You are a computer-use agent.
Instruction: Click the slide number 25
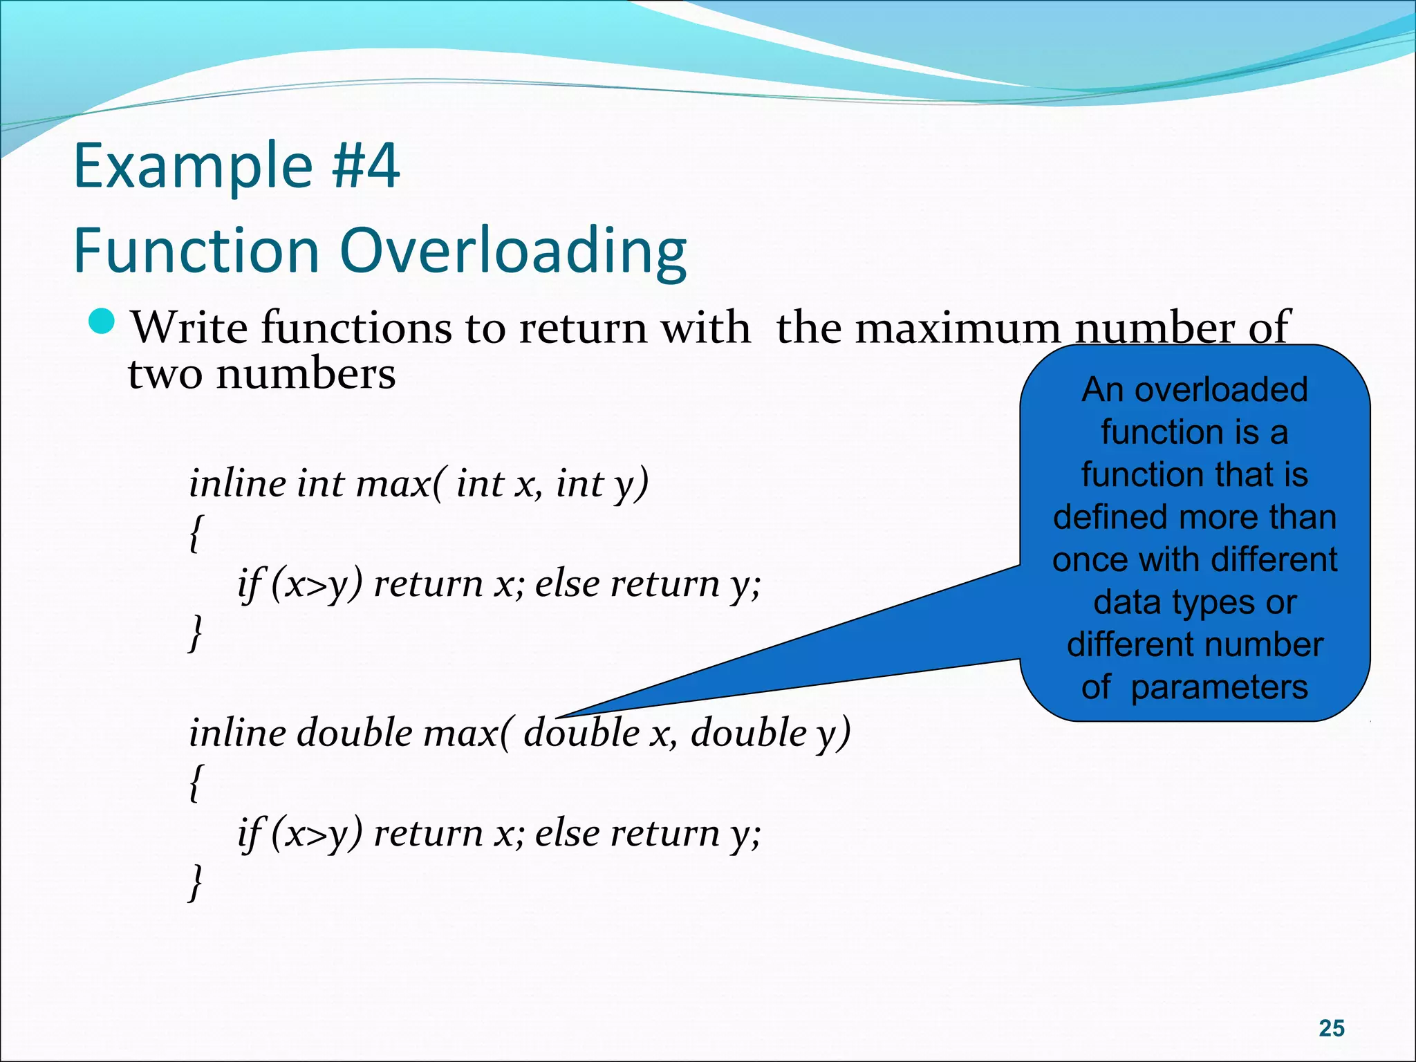tap(1331, 1028)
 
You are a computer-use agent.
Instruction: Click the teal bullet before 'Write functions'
tap(102, 322)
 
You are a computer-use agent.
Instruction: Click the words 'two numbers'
tap(262, 374)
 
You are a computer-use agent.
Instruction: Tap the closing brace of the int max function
tap(196, 633)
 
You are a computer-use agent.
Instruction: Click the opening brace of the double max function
tap(196, 782)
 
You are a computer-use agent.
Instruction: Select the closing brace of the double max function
tap(196, 882)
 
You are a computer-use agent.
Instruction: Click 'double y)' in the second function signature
tap(770, 732)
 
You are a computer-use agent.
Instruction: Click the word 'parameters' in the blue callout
tap(1219, 687)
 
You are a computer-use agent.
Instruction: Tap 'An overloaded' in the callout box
tap(1194, 389)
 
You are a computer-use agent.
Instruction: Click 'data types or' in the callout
tap(1194, 602)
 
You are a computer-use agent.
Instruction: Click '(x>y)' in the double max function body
tap(316, 833)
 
